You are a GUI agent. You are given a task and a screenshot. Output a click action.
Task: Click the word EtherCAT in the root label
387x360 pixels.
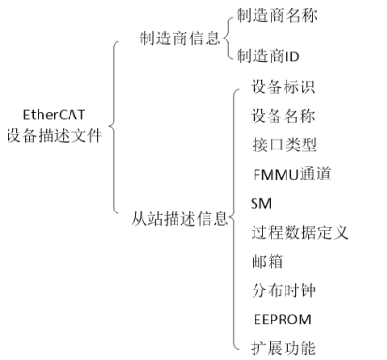tap(52, 117)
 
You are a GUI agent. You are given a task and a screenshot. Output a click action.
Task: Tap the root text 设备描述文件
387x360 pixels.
tap(52, 135)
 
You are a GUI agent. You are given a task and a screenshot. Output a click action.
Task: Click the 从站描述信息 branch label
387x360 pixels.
tap(178, 220)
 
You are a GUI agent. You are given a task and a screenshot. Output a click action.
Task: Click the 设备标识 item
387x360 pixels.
tap(283, 89)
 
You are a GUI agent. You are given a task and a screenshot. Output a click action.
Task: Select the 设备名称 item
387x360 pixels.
tap(283, 117)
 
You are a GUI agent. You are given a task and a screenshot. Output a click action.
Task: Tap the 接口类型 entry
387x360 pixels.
tap(283, 145)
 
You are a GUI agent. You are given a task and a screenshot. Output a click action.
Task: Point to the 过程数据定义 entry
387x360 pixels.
tap(300, 231)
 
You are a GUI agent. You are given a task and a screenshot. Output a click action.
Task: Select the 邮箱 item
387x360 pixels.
tap(268, 260)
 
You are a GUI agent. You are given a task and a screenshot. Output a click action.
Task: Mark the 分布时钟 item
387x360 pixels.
tap(283, 290)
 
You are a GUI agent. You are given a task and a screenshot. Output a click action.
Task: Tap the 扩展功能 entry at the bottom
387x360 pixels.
tap(283, 348)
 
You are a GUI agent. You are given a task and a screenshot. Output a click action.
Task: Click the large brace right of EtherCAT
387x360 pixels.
tap(116, 127)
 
